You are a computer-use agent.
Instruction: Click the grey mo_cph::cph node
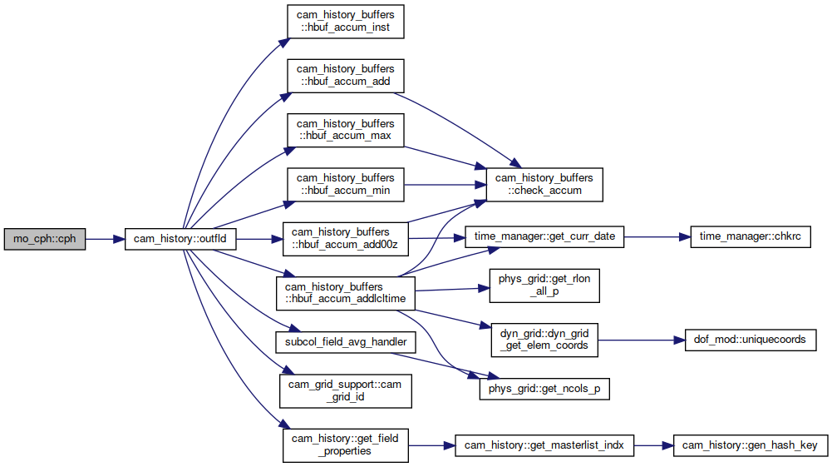(x=45, y=239)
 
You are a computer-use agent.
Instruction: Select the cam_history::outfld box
(x=180, y=239)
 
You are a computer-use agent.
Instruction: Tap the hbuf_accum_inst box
(x=346, y=22)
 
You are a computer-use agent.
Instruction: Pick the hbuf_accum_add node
(x=346, y=76)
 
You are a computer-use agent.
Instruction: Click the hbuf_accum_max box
(x=346, y=130)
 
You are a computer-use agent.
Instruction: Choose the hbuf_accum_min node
(x=346, y=184)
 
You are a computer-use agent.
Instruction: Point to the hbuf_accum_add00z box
(x=346, y=239)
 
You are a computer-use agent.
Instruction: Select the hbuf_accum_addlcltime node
(x=346, y=293)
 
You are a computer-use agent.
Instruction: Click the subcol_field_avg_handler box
(x=346, y=342)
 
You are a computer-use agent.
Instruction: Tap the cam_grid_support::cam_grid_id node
(x=346, y=391)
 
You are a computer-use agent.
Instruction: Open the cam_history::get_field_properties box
(x=346, y=445)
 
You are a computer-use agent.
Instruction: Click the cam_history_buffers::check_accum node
(x=544, y=184)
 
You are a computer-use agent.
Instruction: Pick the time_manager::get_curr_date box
(x=544, y=236)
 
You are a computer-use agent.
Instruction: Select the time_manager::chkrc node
(x=751, y=236)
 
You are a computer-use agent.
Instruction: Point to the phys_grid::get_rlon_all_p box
(x=544, y=286)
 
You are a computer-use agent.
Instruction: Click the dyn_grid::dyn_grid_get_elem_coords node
(x=544, y=340)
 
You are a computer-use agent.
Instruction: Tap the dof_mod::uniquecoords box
(x=751, y=340)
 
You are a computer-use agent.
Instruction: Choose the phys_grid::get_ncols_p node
(x=544, y=389)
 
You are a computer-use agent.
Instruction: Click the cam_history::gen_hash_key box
(x=751, y=445)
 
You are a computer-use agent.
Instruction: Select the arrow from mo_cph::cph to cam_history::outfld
(x=105, y=239)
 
